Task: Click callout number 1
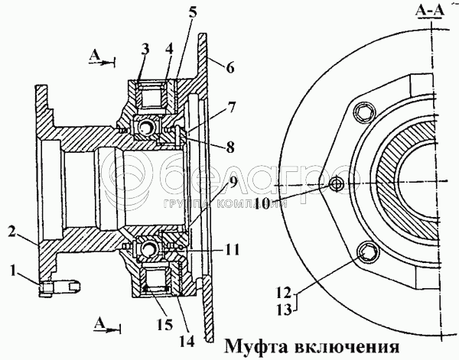pyautogui.click(x=12, y=271)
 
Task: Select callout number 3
pyautogui.click(x=145, y=49)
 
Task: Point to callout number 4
pyautogui.click(x=168, y=49)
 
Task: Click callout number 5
pyautogui.click(x=192, y=14)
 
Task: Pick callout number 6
pyautogui.click(x=230, y=67)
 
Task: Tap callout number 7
pyautogui.click(x=230, y=108)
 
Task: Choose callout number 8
pyautogui.click(x=230, y=147)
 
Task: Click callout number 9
pyautogui.click(x=232, y=183)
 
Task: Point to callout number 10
pyautogui.click(x=262, y=203)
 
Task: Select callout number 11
pyautogui.click(x=232, y=250)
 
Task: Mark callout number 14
pyautogui.click(x=187, y=340)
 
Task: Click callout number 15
pyautogui.click(x=164, y=324)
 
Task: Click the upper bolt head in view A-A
pyautogui.click(x=365, y=112)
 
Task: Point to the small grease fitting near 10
pyautogui.click(x=337, y=184)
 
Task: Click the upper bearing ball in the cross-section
pyautogui.click(x=146, y=128)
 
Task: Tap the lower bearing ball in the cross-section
pyautogui.click(x=148, y=249)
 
